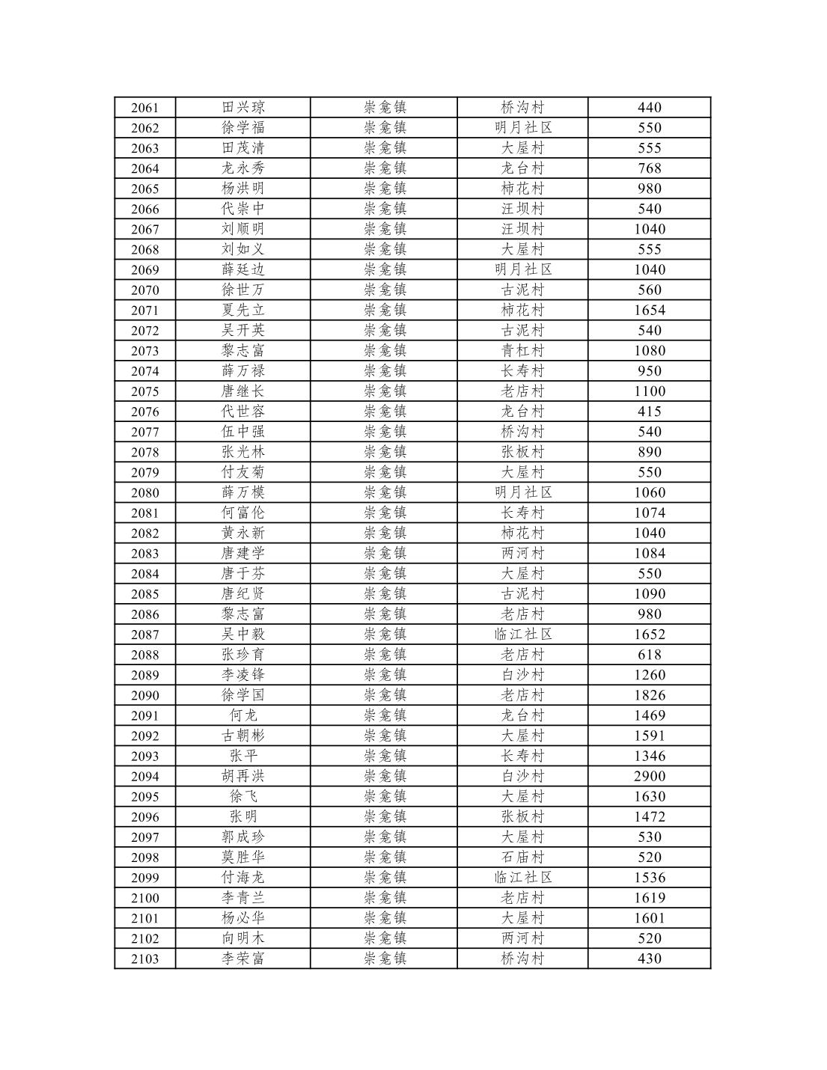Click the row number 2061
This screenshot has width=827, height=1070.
144,108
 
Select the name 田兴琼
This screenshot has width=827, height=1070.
243,108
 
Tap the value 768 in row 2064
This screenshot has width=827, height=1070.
649,168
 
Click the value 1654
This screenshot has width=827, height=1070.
649,311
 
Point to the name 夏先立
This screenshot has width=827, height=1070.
243,311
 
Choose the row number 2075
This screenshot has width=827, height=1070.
144,391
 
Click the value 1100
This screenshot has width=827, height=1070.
649,391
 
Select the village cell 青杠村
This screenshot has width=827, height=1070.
522,351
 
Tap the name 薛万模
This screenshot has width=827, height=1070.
243,492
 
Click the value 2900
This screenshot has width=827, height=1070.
649,776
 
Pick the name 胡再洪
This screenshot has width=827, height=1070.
243,776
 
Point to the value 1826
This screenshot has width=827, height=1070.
649,695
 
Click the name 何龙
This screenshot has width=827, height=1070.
243,715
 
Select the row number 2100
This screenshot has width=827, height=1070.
144,898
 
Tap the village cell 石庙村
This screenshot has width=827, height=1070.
522,857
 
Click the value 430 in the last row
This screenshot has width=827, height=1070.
649,959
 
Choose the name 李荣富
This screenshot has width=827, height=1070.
243,959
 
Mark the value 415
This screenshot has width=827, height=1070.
649,412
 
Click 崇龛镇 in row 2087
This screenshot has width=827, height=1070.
385,635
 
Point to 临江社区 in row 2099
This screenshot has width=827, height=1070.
522,878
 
